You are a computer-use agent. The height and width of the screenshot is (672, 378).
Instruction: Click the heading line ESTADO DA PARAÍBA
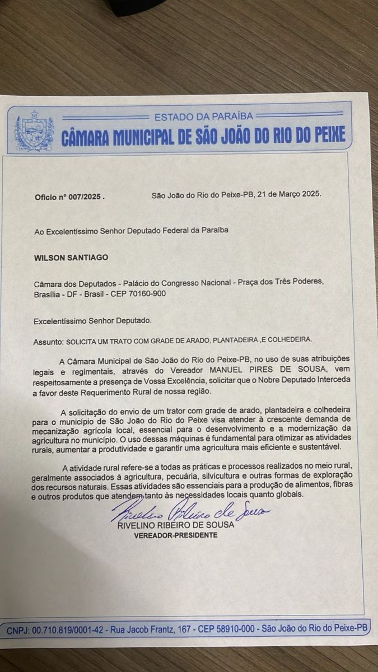pos(203,116)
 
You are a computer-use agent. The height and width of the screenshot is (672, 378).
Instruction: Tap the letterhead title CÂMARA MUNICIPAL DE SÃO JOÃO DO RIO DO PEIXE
pos(203,135)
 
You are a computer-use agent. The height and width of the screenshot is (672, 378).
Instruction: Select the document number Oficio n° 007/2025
pos(69,197)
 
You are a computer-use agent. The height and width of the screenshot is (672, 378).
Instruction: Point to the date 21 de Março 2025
pos(286,195)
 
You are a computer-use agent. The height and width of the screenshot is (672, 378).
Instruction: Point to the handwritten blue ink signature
pos(190,512)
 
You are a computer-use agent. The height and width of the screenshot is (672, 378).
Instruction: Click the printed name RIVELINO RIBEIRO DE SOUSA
pos(176,526)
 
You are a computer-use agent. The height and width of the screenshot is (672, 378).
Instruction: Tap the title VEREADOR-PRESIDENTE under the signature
pos(176,535)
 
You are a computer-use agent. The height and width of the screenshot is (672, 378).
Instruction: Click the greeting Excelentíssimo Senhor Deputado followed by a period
pos(92,321)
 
